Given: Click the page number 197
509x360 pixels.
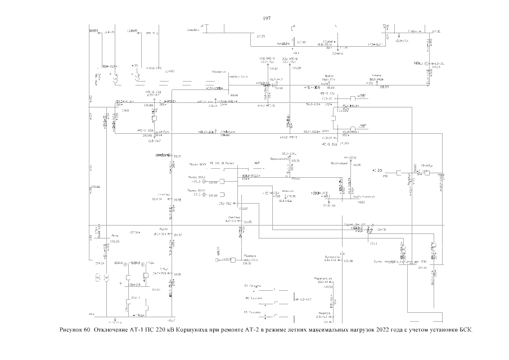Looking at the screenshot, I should tap(267, 19).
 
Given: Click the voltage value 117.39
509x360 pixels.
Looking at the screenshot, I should tap(260, 36).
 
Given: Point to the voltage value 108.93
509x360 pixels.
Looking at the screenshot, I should tap(385, 87).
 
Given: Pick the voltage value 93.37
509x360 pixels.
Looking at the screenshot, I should tap(178, 156).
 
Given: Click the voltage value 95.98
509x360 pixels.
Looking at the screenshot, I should tap(178, 200).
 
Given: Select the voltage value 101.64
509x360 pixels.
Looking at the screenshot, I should tap(178, 234).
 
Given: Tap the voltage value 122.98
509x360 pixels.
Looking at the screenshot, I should tap(348, 261).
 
